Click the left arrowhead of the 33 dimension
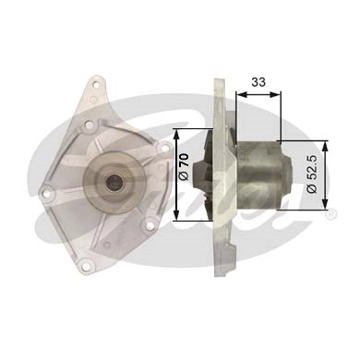(239, 94)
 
